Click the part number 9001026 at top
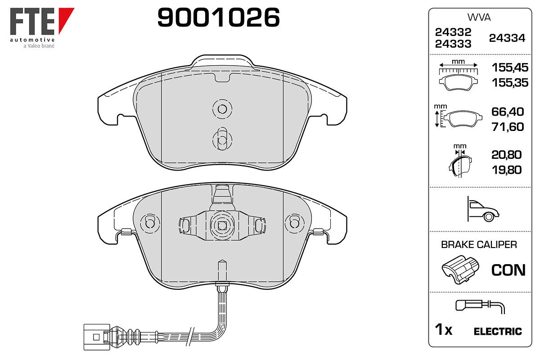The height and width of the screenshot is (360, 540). (x=218, y=17)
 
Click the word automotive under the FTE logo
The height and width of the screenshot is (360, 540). (x=32, y=40)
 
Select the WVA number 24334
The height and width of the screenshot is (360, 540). (x=507, y=38)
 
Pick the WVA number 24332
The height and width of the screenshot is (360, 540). (x=453, y=32)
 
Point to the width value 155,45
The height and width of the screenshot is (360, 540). (x=510, y=67)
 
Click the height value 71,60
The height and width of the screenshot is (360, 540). (x=508, y=127)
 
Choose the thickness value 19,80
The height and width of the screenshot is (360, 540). (x=507, y=170)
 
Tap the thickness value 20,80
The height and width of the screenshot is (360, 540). (x=507, y=155)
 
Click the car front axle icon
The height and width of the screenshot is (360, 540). (x=483, y=209)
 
